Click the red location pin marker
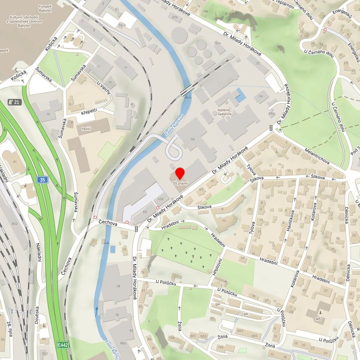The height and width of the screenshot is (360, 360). coord(180,174)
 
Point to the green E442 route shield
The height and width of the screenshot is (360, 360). coord(63,345)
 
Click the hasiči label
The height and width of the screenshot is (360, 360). coord(86,128)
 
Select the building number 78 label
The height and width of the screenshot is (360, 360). coord(118,285)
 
